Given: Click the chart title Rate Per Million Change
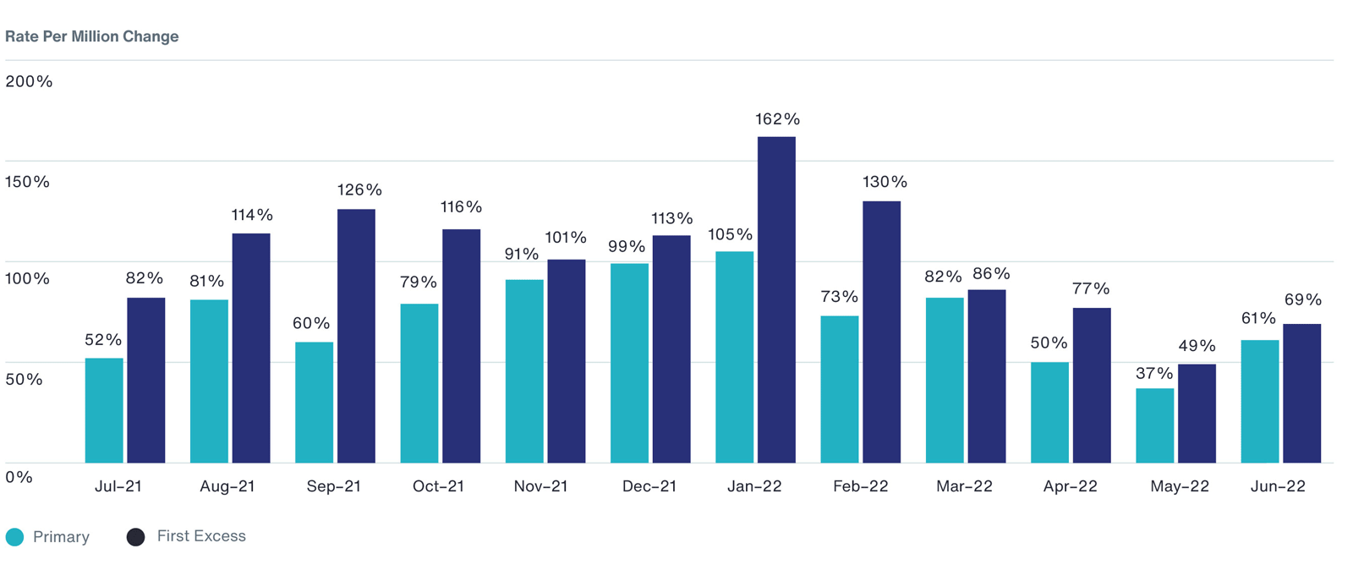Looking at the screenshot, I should [x=91, y=36].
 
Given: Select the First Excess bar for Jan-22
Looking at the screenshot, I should [x=776, y=299].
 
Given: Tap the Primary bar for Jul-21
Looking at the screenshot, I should [x=104, y=410].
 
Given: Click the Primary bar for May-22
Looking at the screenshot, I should [x=1154, y=425].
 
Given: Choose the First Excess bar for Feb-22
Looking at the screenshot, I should [x=881, y=332].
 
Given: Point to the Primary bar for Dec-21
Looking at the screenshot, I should [x=629, y=363].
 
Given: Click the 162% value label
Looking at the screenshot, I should [x=777, y=119].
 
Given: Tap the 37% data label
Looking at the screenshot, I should [x=1154, y=373].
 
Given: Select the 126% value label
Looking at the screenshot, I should [x=359, y=189].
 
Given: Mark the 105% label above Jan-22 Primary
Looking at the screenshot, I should [x=731, y=234].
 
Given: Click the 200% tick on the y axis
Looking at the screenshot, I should [x=29, y=81].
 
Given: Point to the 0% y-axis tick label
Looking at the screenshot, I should [x=19, y=476].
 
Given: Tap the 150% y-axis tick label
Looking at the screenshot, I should [x=27, y=182].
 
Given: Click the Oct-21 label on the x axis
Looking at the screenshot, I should [x=438, y=486].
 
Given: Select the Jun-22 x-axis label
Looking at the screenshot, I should [x=1278, y=486].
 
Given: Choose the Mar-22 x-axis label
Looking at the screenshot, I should [x=964, y=486].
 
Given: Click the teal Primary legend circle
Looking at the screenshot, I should [x=15, y=537].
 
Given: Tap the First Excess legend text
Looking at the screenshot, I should [x=201, y=536].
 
